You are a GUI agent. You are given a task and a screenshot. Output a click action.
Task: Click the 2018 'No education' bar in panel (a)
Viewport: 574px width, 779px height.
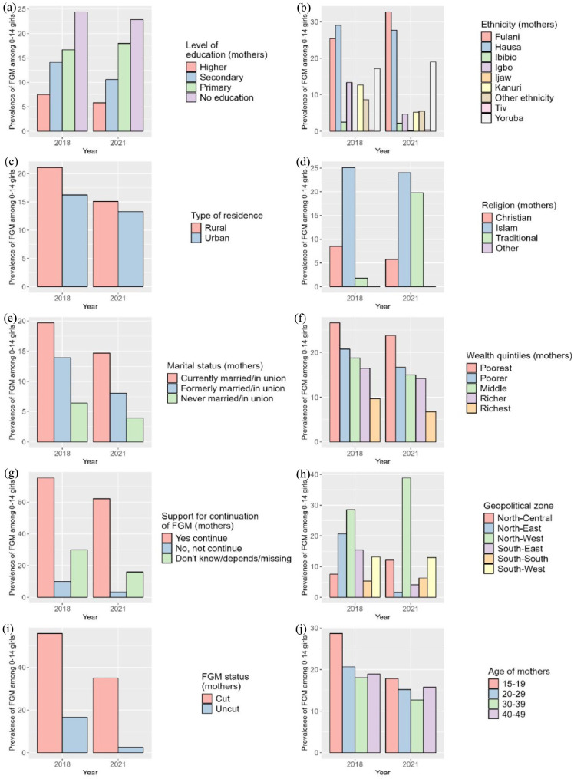(81, 71)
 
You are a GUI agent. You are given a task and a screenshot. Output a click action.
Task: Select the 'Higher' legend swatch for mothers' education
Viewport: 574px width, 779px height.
(191, 67)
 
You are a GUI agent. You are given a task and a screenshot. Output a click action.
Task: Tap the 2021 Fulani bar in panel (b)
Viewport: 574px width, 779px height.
(388, 71)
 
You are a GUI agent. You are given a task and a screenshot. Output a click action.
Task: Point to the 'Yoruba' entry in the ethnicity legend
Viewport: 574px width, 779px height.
(509, 118)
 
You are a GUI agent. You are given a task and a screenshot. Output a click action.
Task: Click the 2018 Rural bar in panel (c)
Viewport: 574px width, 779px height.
(50, 227)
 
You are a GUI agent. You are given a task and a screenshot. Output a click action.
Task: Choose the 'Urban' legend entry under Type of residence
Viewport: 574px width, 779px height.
(217, 238)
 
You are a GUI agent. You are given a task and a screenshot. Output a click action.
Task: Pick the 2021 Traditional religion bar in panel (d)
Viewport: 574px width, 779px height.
(417, 239)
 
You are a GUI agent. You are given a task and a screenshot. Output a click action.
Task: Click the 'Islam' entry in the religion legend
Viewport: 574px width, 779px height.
(506, 228)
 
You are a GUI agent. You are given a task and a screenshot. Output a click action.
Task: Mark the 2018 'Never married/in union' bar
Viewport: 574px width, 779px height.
(79, 422)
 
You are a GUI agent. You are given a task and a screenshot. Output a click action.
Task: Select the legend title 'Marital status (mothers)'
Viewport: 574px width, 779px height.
(215, 366)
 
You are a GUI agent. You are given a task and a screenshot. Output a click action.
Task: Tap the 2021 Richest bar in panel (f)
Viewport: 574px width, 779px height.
(430, 427)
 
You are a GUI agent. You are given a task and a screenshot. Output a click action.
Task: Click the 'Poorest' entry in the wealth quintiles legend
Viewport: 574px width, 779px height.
(496, 368)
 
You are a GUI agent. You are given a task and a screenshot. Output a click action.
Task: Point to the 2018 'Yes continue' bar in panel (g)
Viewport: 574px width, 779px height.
(46, 537)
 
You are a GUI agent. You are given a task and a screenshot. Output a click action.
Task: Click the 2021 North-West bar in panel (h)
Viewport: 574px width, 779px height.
(406, 537)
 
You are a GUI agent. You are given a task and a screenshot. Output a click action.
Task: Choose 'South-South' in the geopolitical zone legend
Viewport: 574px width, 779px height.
(523, 559)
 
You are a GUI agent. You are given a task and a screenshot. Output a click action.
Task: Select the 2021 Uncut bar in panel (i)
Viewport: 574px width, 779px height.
(130, 750)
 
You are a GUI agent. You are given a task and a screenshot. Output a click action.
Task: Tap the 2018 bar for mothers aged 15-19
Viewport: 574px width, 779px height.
(335, 693)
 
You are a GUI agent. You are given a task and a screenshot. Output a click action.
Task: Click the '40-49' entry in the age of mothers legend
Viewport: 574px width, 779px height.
(513, 715)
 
